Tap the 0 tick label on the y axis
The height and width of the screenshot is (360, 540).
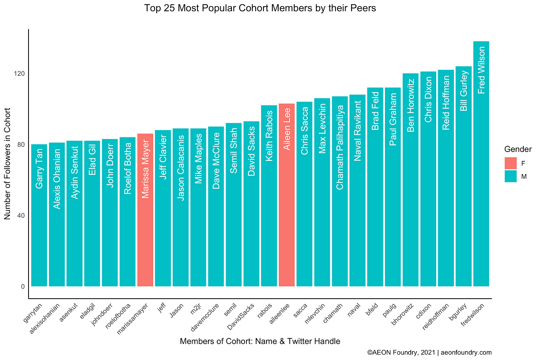[23, 287]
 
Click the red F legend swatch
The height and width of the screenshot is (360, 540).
[510, 163]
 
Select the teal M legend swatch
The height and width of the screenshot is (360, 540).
[510, 176]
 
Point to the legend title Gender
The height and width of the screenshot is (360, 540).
[518, 149]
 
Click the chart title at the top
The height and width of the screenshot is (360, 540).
[260, 8]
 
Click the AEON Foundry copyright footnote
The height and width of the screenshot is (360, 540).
[429, 352]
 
